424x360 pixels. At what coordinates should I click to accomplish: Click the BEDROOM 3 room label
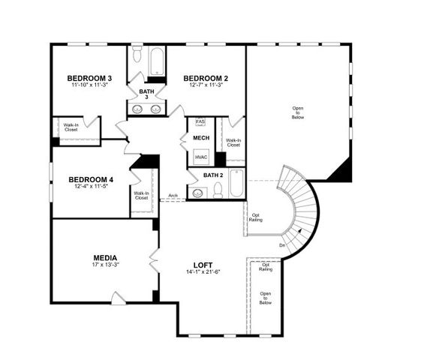89,78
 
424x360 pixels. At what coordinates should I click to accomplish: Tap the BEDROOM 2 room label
206,78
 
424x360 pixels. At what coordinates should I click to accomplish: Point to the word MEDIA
106,256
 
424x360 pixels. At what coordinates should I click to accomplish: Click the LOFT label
203,265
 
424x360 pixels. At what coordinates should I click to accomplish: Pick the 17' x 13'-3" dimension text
106,264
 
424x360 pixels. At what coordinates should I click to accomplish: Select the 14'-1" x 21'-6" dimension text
203,272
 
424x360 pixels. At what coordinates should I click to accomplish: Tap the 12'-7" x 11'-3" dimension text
206,85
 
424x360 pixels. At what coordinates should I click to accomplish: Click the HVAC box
201,157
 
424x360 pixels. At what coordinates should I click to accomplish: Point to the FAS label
200,121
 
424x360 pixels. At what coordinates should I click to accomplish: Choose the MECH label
201,138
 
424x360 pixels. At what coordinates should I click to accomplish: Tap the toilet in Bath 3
136,57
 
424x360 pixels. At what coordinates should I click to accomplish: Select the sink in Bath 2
198,193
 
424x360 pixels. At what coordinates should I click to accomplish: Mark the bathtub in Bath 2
236,184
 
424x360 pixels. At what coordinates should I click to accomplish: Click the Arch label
173,196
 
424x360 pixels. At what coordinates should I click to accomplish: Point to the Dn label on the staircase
281,244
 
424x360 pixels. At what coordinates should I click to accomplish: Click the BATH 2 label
214,175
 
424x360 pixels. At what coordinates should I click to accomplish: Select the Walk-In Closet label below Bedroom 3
71,127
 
